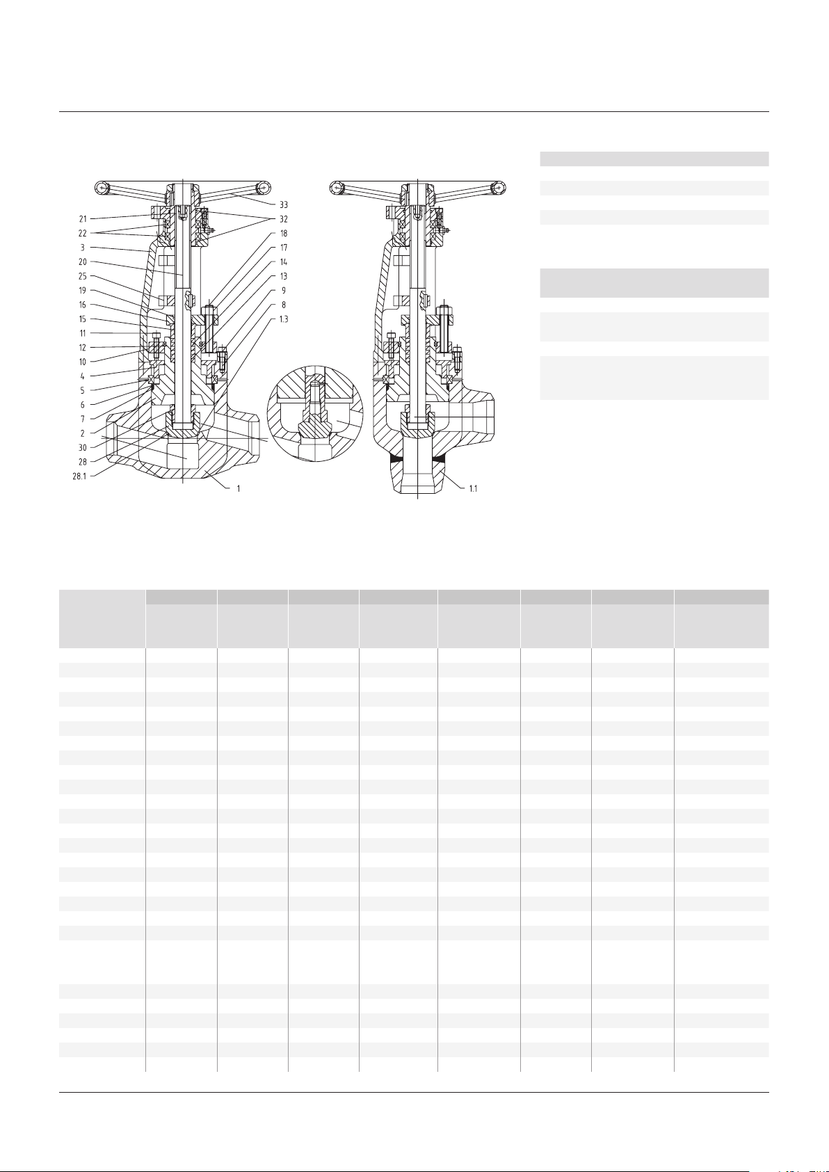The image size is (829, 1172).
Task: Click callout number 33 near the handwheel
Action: point(284,204)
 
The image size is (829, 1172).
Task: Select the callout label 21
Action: point(83,218)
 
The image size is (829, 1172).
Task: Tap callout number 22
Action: point(83,233)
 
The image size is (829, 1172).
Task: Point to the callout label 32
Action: point(284,219)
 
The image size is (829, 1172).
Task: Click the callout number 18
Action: point(284,233)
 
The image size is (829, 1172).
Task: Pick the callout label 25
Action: point(83,275)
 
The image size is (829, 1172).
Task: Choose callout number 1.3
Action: point(284,319)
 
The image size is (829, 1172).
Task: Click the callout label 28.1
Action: point(79,476)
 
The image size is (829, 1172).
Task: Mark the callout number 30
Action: point(83,447)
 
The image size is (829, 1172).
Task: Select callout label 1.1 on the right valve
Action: point(473,488)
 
